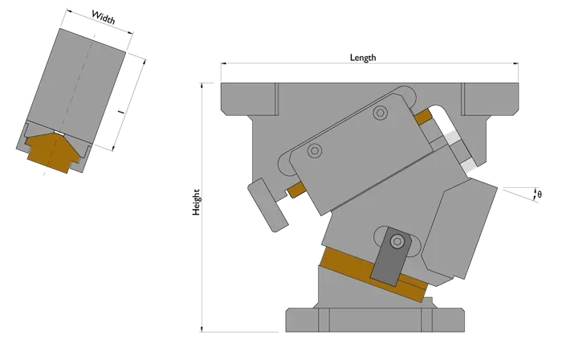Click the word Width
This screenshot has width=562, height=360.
coord(104,17)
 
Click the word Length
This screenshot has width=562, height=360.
coord(363,57)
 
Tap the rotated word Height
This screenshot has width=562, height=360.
coord(196,202)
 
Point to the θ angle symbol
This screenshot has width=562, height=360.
coord(540,194)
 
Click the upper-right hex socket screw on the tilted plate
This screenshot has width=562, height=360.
coord(381,112)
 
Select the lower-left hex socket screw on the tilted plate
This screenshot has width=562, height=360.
coord(315,150)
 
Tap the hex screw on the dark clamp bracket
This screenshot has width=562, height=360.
coord(397,241)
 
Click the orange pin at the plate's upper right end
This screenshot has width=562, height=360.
coord(423,117)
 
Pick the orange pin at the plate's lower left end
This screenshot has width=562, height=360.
coord(296,190)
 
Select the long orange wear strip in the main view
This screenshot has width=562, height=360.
coord(373,273)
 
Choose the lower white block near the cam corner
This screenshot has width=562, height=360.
coord(468,166)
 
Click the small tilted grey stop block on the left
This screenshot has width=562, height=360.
coord(267,205)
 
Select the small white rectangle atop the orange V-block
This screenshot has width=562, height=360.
coord(59,133)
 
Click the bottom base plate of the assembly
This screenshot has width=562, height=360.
coord(375,320)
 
